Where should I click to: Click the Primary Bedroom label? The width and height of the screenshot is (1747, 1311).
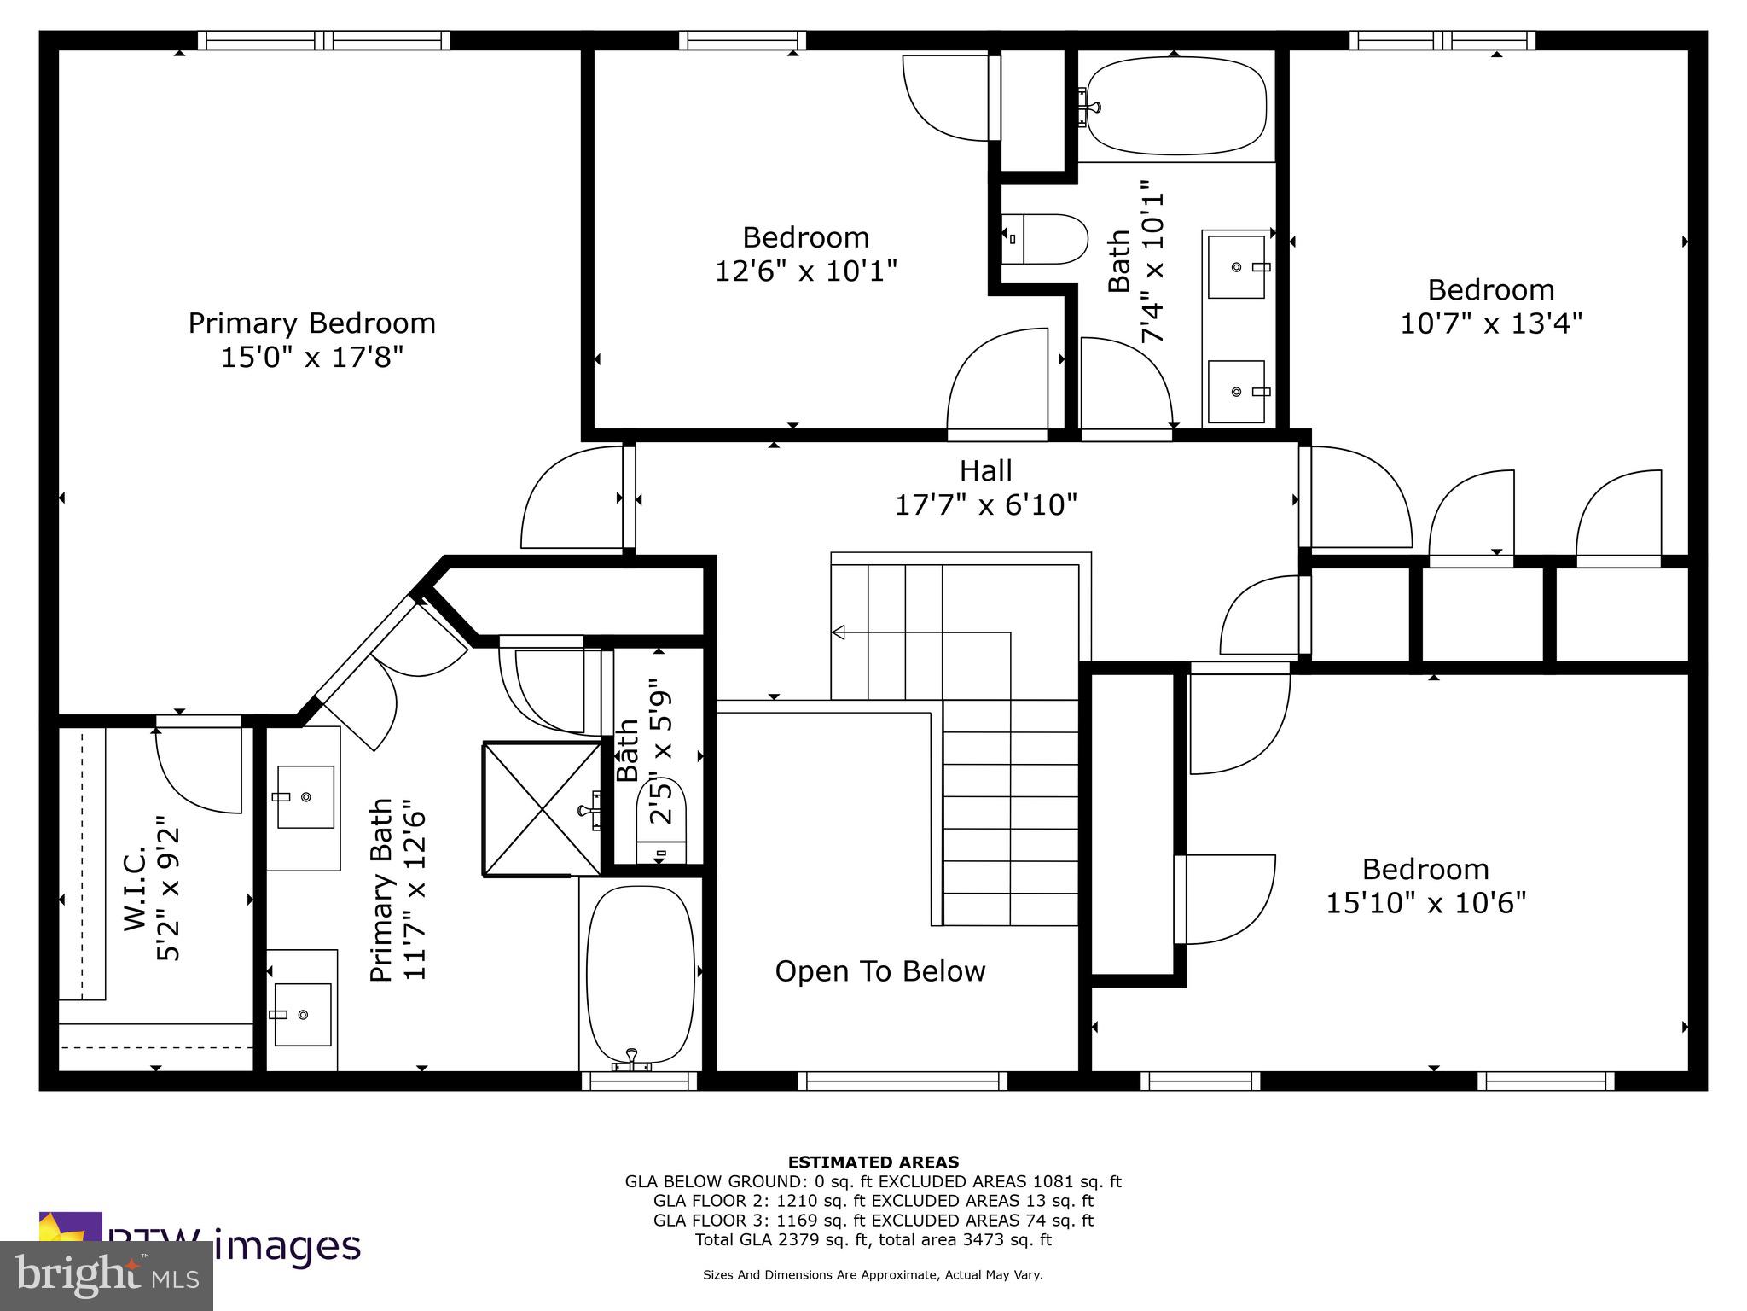311,323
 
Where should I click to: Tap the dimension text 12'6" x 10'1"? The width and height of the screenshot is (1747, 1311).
805,271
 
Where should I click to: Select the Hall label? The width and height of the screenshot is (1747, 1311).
985,471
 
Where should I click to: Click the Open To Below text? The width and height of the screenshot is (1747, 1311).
879,971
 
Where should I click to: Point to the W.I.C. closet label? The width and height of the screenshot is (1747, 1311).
136,889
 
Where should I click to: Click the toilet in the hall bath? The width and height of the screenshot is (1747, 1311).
1045,240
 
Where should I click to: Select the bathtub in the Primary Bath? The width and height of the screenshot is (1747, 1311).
640,973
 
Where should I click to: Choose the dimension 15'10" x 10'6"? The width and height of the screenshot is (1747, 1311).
1425,902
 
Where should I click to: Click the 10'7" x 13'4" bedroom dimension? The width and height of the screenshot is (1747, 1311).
1491,323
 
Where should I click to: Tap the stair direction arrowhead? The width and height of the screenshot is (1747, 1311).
839,632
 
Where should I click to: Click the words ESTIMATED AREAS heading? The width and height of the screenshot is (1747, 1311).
873,1162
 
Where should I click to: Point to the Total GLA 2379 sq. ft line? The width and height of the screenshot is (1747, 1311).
873,1240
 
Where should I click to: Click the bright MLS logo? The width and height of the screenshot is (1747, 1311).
106,1275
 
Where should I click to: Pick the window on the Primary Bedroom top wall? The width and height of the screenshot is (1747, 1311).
323,40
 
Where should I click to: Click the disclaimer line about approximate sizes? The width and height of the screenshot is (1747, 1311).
873,1275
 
